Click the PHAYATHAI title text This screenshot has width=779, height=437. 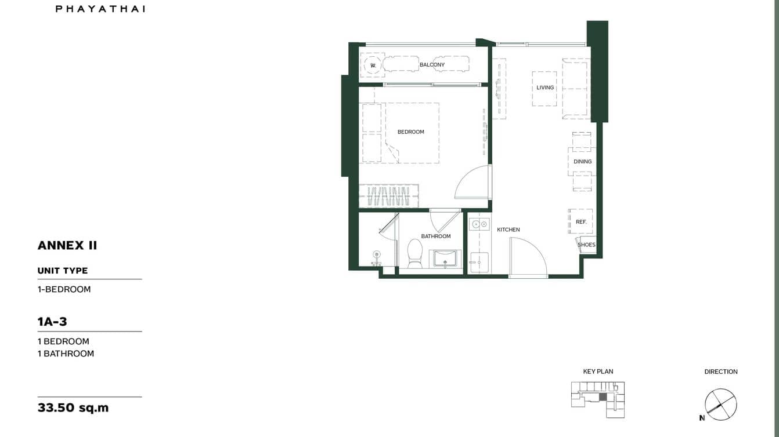point(100,9)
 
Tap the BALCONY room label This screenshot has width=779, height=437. point(432,65)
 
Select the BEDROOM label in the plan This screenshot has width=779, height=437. point(410,132)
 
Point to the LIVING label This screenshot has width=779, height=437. point(545,88)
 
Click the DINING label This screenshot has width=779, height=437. point(582,162)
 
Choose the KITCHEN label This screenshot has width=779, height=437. point(508,230)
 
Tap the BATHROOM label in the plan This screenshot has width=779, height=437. point(436,236)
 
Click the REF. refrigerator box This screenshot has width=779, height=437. point(580,221)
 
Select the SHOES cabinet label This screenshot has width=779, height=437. point(586,245)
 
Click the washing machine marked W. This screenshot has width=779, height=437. point(373,65)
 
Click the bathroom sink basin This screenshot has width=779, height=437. point(445,258)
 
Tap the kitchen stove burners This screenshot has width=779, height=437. point(479,223)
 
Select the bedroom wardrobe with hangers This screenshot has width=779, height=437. point(388,196)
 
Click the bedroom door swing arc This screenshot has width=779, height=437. point(473,183)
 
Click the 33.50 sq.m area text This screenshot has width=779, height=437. point(73,407)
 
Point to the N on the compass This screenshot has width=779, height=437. point(702,418)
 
